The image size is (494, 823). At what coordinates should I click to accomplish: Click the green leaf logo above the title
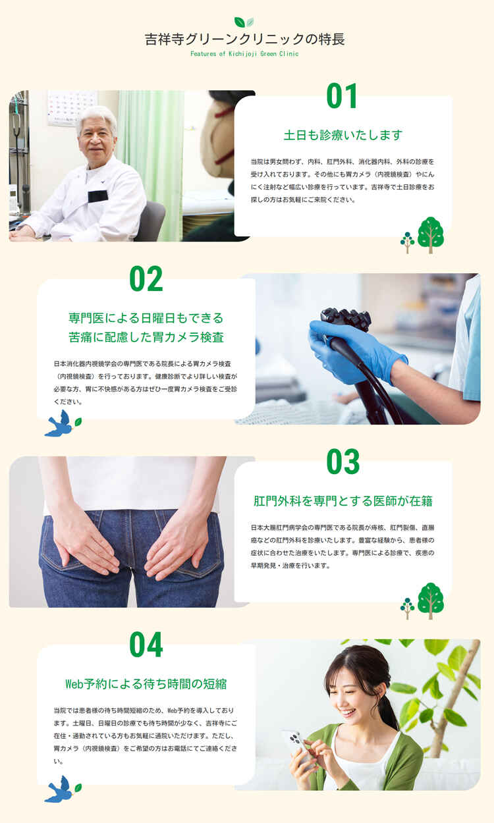[x=244, y=22]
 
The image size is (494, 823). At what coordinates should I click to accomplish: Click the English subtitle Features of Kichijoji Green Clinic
[x=244, y=53]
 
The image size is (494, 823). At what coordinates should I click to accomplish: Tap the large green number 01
[x=341, y=95]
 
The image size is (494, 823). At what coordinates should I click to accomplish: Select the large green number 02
[x=146, y=279]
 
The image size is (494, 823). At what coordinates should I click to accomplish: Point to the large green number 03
[x=343, y=462]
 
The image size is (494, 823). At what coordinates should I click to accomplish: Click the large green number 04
[x=146, y=645]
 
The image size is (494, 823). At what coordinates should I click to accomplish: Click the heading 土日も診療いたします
[x=343, y=135]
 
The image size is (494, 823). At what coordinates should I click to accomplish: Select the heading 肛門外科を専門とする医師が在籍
[x=343, y=501]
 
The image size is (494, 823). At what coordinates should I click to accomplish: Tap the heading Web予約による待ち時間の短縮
[x=146, y=684]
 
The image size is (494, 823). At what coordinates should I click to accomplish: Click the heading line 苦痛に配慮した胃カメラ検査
[x=146, y=337]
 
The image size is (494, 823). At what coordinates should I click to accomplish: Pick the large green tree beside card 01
[x=431, y=234]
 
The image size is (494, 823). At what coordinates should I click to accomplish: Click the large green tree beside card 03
[x=431, y=600]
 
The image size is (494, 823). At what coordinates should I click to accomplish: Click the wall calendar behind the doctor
[x=72, y=107]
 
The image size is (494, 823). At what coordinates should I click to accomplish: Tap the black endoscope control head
[x=346, y=318]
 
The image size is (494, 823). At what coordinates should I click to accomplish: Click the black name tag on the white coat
[x=97, y=196]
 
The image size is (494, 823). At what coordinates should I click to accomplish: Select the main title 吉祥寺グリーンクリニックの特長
[x=245, y=40]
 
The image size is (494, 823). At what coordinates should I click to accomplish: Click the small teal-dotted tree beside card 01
[x=407, y=242]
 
